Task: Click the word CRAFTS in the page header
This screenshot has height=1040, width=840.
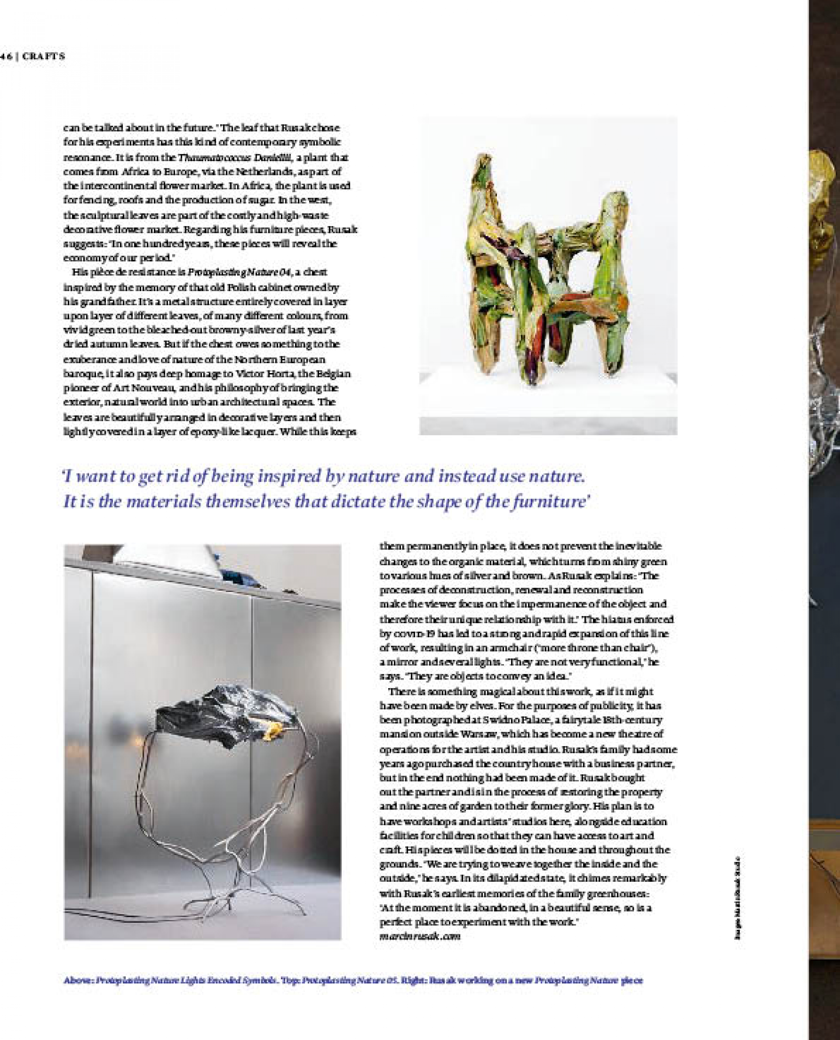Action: (44, 56)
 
